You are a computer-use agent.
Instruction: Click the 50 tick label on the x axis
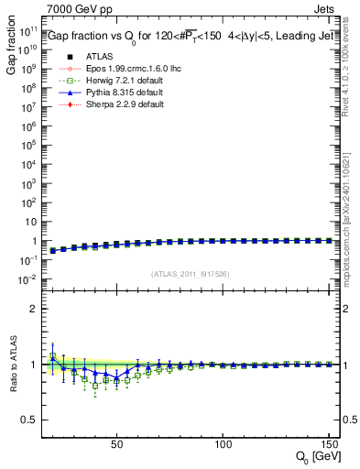pyautogui.click(x=116, y=444)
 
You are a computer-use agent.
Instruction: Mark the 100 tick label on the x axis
pyautogui.click(x=223, y=444)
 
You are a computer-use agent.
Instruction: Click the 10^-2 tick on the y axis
pyautogui.click(x=27, y=278)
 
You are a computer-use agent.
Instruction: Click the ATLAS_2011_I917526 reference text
pyautogui.click(x=190, y=273)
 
